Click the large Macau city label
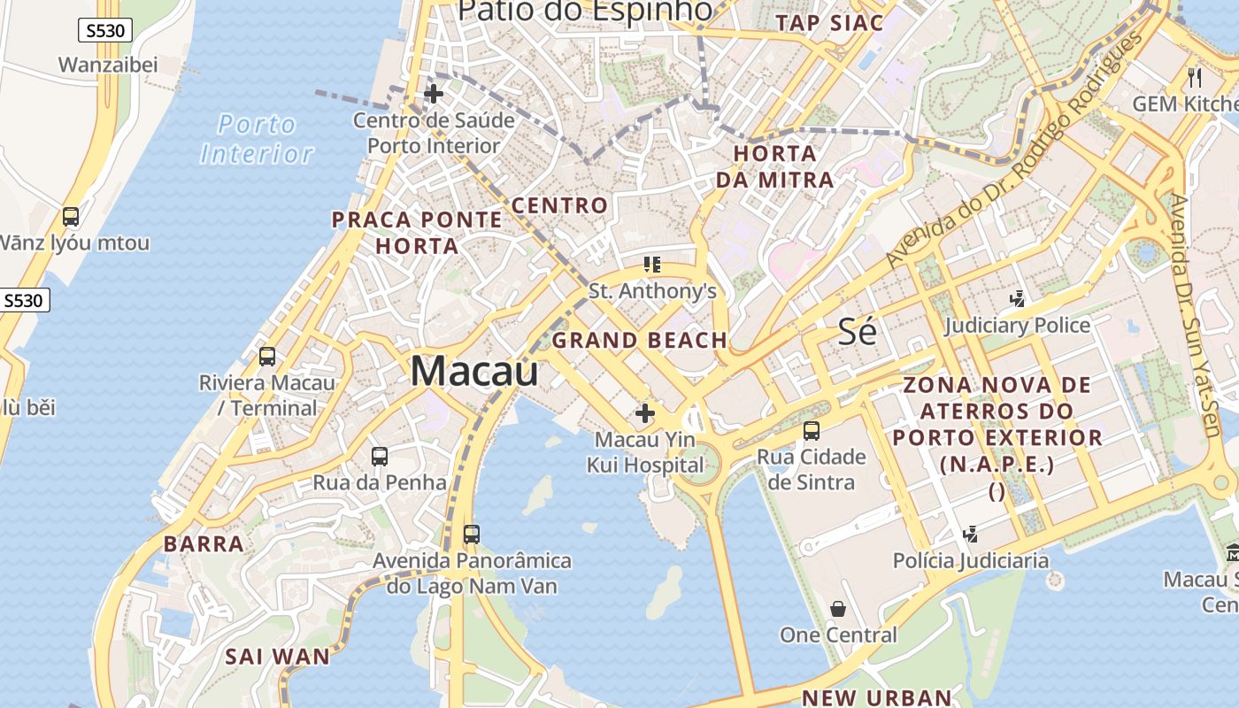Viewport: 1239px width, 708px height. [x=474, y=370]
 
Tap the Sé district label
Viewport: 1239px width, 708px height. [x=857, y=332]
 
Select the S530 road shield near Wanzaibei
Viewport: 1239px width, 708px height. [x=105, y=31]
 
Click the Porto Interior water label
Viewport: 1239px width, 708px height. [x=257, y=139]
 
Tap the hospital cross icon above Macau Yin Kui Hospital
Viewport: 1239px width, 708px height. [x=645, y=412]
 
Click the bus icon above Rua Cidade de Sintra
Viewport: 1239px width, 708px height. [x=812, y=431]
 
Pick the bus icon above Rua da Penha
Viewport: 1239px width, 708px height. [x=380, y=457]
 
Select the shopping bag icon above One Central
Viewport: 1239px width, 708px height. [x=837, y=609]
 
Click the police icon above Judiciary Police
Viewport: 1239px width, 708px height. [x=1018, y=299]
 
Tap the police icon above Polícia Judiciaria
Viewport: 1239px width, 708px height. [x=970, y=534]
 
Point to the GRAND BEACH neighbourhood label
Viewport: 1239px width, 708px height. [x=640, y=340]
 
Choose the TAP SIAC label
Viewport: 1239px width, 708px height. [x=829, y=23]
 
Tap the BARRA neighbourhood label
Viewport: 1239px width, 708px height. [x=204, y=543]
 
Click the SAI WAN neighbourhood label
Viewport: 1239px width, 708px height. [x=277, y=657]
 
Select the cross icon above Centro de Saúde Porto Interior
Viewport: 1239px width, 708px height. [x=434, y=94]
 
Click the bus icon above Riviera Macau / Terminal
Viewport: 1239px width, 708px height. [x=266, y=357]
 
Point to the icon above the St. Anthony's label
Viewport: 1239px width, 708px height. [x=652, y=264]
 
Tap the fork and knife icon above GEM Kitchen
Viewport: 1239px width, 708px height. [x=1195, y=77]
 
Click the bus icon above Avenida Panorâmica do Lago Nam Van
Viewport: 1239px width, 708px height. [x=472, y=535]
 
